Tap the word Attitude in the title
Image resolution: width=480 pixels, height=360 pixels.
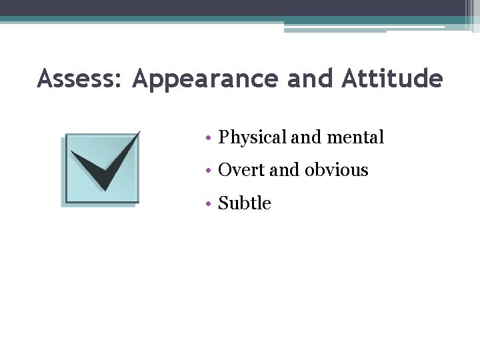point(392,79)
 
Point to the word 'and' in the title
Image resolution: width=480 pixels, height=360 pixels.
point(311,79)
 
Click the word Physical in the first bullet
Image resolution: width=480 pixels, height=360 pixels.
point(253,138)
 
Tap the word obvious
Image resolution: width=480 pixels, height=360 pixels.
point(337,171)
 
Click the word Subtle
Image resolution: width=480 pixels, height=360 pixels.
point(245,203)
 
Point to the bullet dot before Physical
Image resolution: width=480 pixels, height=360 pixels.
point(209,139)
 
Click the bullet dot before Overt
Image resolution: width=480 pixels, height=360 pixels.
point(209,171)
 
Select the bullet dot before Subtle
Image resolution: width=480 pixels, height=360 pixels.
point(209,204)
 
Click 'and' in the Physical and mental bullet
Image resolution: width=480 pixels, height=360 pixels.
point(305,138)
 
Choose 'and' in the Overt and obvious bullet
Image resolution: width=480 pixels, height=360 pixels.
point(285,171)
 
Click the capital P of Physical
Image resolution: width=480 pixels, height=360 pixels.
point(224,138)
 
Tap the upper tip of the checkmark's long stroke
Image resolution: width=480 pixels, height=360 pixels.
point(138,133)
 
